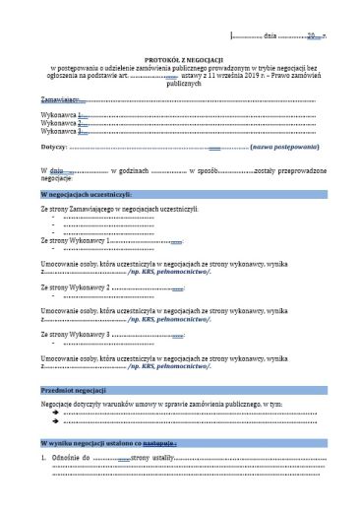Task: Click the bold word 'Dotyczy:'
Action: [x=54, y=147]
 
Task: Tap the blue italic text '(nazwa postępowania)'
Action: [x=285, y=147]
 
